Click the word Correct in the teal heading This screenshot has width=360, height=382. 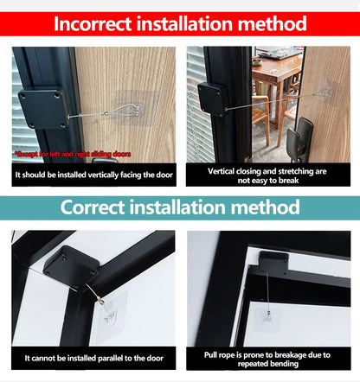pyautogui.click(x=96, y=207)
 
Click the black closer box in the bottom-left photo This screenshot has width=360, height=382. pyautogui.click(x=70, y=268)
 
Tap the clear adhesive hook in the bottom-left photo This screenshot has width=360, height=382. pyautogui.click(x=112, y=308)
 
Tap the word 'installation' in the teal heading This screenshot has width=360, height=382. pyautogui.click(x=184, y=207)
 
